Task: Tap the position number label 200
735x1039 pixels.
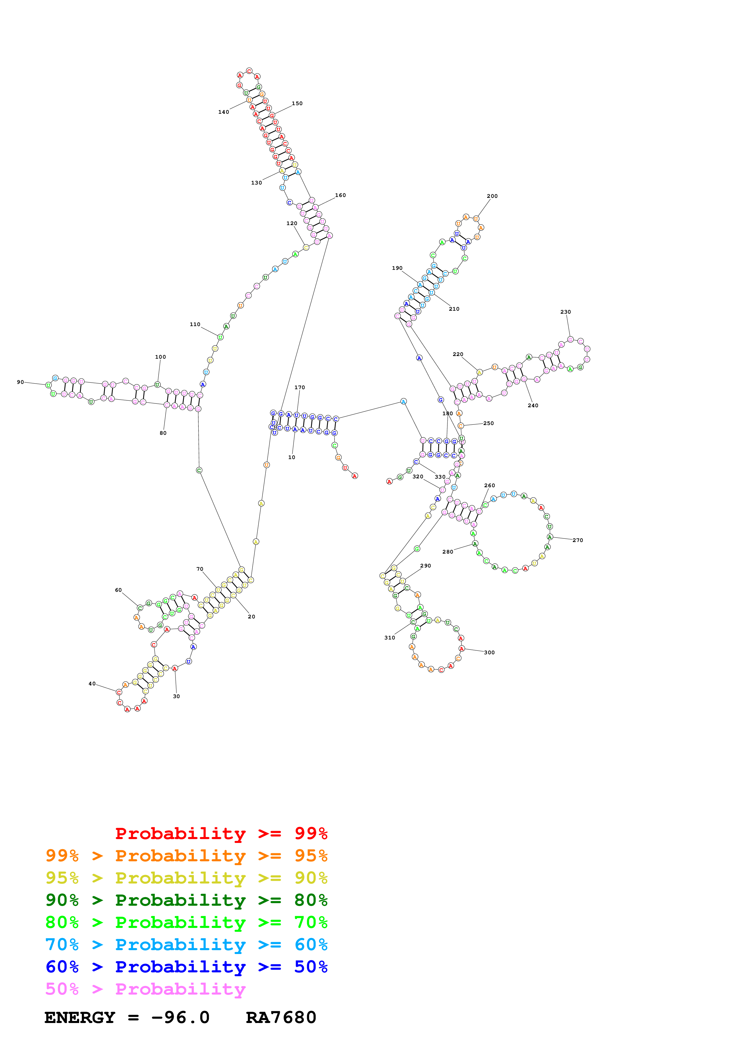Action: click(x=492, y=196)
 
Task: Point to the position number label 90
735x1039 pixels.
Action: click(x=20, y=382)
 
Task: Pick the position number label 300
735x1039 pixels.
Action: click(x=489, y=652)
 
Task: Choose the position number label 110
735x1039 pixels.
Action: click(x=195, y=324)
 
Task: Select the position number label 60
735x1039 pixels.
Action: click(x=118, y=590)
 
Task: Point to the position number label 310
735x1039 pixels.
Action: click(x=390, y=638)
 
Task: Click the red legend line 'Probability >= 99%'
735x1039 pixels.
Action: click(x=221, y=833)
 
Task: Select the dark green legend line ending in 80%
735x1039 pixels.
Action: click(x=186, y=900)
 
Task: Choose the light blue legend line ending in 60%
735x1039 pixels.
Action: click(x=186, y=945)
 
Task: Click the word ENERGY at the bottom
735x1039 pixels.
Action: click(x=80, y=1017)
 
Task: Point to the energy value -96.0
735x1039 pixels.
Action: click(x=180, y=1017)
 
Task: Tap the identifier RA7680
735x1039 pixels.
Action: click(x=281, y=1017)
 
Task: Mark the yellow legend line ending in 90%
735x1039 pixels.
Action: click(x=186, y=878)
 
